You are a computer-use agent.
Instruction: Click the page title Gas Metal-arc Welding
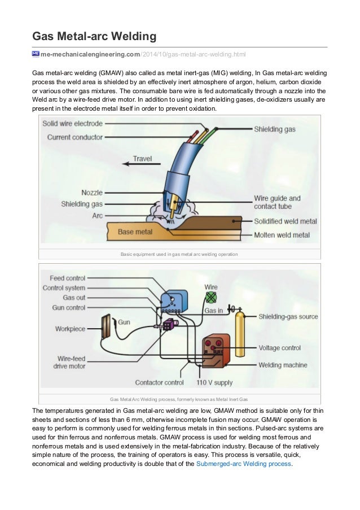click(94, 37)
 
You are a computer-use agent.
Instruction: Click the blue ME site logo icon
click(36, 54)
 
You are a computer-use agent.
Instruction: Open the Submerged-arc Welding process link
click(243, 464)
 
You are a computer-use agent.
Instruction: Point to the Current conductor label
click(75, 137)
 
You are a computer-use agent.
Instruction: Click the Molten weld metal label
click(282, 234)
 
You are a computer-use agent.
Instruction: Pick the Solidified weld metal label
click(285, 221)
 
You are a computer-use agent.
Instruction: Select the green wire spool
click(211, 298)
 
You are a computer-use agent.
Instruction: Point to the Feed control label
click(67, 278)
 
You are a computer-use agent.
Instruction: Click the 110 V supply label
click(214, 382)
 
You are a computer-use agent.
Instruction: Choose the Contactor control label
click(160, 382)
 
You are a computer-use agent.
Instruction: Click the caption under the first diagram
click(179, 255)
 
